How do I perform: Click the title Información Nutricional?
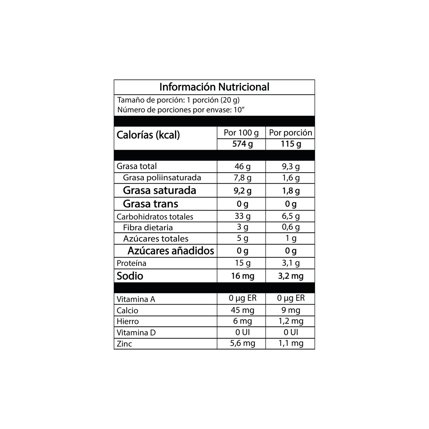pos(214,87)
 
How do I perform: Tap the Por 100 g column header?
pos(241,133)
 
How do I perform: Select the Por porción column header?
pos(291,133)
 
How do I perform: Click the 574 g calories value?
pos(242,144)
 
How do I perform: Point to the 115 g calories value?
pos(291,144)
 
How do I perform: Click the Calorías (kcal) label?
pos(148,135)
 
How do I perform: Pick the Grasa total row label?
pos(137,166)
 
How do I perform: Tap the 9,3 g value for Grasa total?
pos(291,166)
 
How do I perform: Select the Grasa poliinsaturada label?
pos(162,178)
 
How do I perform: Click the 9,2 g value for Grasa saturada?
pos(242,191)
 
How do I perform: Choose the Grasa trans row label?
pos(151,204)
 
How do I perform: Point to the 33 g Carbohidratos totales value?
pos(242,216)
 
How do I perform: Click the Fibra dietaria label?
pos(148,227)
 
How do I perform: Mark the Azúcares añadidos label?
pos(171,251)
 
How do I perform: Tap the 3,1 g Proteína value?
pos(291,263)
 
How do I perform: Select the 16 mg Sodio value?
pos(242,276)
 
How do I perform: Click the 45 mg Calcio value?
pos(242,310)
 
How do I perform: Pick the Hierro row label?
pos(128,321)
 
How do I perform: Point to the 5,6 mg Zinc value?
pos(242,343)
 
